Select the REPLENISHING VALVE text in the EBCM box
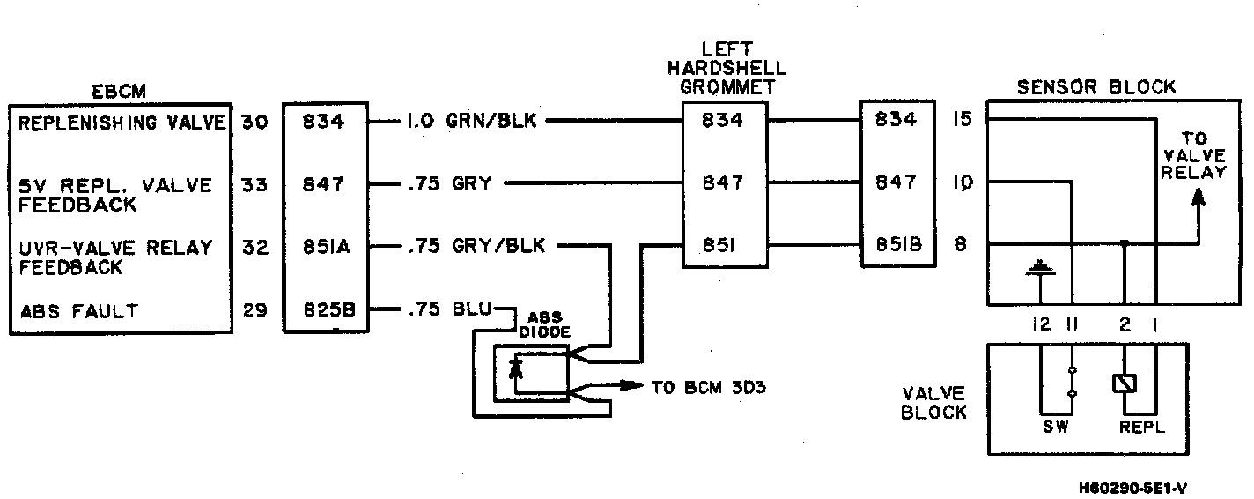[122, 123]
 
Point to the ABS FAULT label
[78, 310]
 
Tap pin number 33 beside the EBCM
[254, 186]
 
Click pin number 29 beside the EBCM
[254, 310]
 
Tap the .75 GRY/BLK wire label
[476, 247]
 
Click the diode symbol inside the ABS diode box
[517, 369]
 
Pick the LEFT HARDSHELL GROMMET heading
[726, 68]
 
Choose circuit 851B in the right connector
[893, 246]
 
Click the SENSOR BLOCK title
[1095, 87]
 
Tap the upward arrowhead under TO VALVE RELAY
[1197, 201]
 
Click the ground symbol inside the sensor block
[1041, 267]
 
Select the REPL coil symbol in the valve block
[1125, 384]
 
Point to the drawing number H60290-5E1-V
[1137, 487]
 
